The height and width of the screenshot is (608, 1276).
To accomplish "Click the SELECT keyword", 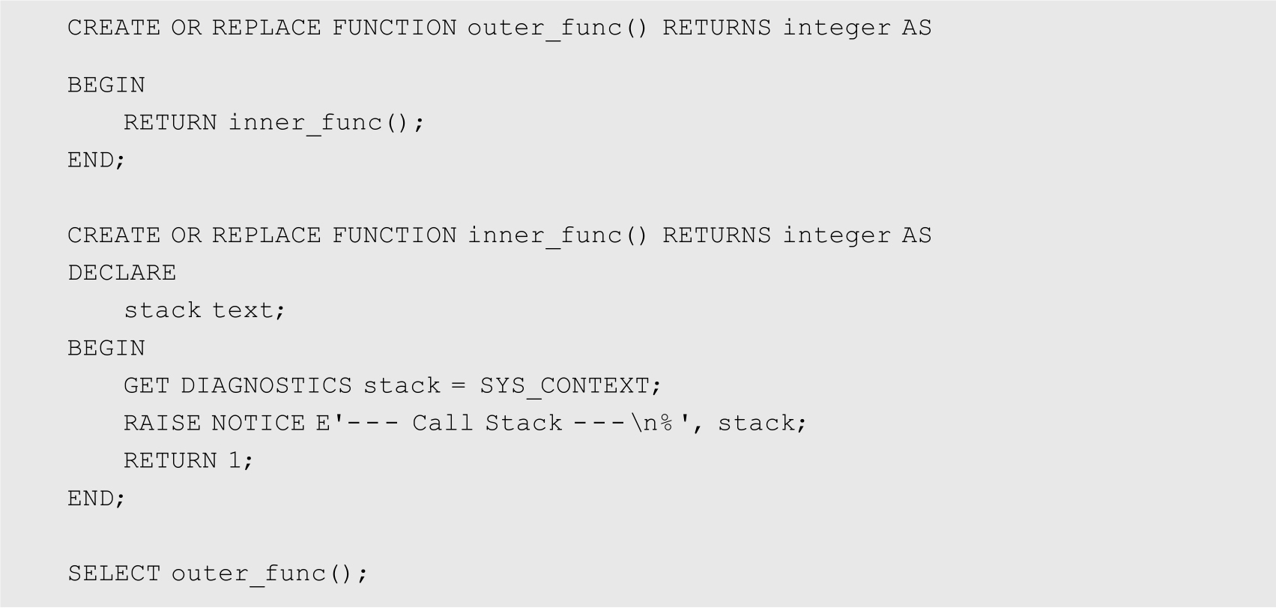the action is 114,574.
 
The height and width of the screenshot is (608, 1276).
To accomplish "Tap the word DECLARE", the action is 122,273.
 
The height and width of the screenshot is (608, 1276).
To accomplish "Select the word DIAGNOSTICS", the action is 267,386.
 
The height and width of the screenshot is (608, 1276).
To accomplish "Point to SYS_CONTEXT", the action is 564,386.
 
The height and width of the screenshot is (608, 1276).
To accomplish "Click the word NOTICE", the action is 258,424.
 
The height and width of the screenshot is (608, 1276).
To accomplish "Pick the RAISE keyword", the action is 163,424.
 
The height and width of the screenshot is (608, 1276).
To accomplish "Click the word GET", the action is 146,386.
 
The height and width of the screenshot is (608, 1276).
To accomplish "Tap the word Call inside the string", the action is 443,424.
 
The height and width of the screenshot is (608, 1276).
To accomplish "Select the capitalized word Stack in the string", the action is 524,424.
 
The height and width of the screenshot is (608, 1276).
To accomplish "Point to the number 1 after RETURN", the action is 235,460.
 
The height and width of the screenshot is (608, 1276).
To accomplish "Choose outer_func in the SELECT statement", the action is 248,574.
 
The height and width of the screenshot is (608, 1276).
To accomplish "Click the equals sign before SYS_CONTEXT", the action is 459,386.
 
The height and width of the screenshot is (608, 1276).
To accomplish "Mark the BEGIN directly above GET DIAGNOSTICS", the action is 106,348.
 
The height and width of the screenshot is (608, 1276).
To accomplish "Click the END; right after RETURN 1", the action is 96,499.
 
